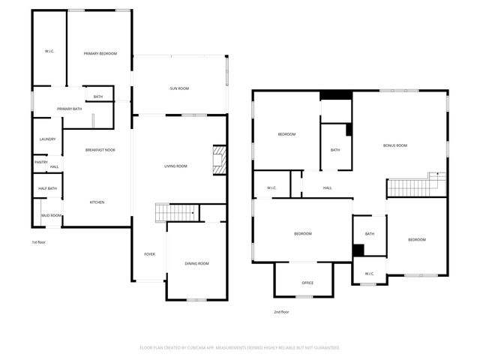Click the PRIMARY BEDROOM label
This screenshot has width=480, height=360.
pos(100,53)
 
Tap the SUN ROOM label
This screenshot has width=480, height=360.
pos(178,88)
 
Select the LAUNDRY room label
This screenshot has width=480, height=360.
pos(47,139)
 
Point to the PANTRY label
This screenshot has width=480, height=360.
pos(41,161)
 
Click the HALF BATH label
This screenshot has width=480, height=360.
pos(47,188)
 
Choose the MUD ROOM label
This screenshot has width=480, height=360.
pos(51,215)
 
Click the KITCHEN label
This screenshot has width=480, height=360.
pos(97,202)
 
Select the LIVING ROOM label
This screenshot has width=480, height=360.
pos(175,166)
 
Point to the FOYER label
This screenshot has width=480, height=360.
pos(149,254)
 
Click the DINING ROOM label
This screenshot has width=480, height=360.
pos(196,263)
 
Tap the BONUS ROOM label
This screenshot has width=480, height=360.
pos(394,145)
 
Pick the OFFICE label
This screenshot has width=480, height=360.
pos(307,283)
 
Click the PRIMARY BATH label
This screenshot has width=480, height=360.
pos(69,109)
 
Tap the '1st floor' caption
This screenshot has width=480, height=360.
pos(39,242)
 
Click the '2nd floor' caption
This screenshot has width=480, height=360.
pos(281,311)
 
